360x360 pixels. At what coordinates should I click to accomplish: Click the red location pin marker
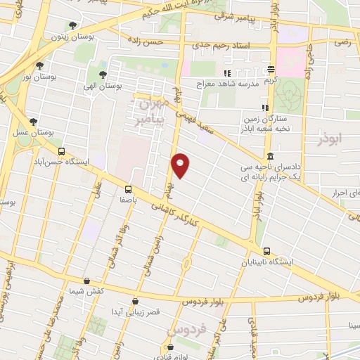click(x=181, y=165)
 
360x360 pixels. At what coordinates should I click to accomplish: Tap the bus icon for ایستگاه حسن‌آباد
click(x=61, y=151)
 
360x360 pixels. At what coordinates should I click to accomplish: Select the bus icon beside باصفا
click(x=128, y=188)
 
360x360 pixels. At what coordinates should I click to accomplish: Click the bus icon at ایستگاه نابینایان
click(x=266, y=251)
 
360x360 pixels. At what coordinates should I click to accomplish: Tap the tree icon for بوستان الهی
click(x=103, y=73)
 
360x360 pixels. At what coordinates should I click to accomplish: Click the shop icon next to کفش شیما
click(x=86, y=281)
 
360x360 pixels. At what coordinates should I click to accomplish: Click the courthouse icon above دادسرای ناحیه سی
click(x=270, y=156)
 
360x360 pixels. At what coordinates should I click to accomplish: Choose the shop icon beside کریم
click(x=271, y=69)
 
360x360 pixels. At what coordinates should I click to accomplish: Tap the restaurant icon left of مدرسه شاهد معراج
click(x=227, y=73)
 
